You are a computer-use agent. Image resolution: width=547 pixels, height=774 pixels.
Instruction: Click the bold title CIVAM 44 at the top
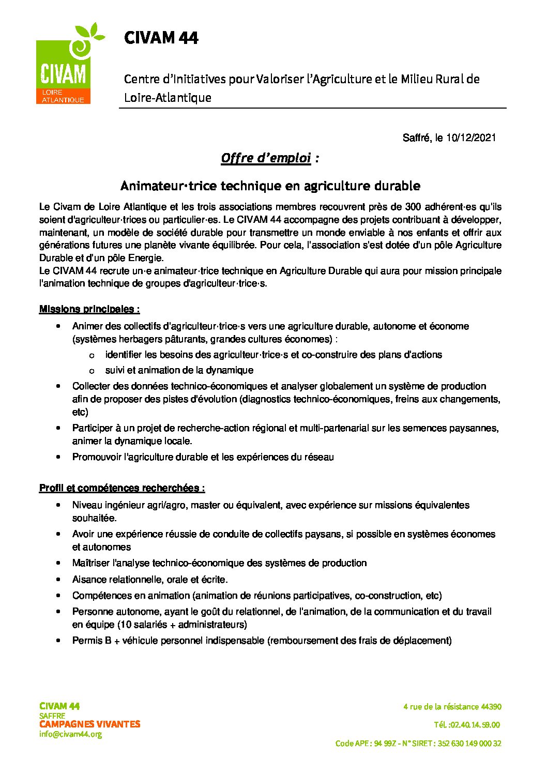pos(161,38)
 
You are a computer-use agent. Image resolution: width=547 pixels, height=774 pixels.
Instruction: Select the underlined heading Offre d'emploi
pos(265,158)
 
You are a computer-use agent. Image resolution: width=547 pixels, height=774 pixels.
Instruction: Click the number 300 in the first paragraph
pos(413,207)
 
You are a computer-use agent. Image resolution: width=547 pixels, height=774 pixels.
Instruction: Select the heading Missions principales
pos(89,309)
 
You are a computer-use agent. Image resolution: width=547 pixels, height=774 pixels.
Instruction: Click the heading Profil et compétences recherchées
pos(122,488)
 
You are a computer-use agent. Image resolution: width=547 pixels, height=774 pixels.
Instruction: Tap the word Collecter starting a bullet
pos(91,386)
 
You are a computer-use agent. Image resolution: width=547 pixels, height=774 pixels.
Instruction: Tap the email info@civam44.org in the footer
pos(70,734)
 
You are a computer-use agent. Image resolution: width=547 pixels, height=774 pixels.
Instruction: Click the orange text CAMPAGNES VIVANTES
pos(89,724)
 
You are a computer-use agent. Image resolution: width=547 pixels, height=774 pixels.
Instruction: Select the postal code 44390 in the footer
pos(491,707)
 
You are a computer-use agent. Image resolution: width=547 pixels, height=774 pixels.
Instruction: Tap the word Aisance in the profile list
pos(88,580)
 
